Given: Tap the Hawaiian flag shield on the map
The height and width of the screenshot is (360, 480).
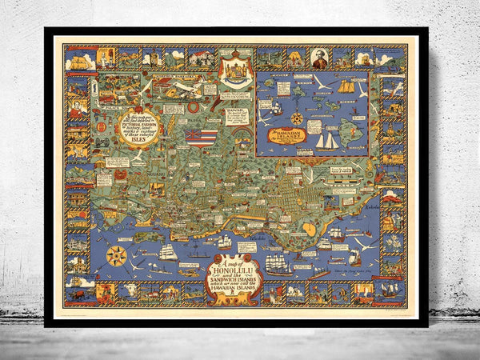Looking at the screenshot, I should [192, 137].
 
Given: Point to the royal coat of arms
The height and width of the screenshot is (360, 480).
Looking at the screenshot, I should [235, 70].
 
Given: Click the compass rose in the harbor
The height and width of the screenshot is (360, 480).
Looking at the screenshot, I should [117, 257].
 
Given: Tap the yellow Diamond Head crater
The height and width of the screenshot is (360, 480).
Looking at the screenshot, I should [310, 230].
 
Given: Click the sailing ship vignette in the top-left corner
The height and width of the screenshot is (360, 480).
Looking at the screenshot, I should [80, 58].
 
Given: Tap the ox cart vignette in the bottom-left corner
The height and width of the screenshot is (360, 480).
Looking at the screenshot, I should [80, 293].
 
